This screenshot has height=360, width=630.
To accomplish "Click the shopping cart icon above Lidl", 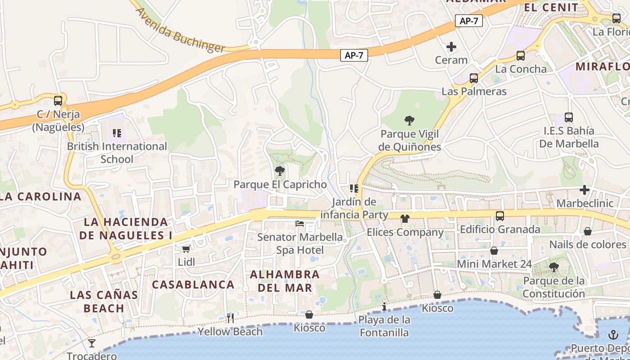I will tap(186, 249).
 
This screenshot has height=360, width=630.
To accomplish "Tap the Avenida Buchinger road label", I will tap(180, 30).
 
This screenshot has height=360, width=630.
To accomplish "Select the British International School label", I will tap(117, 153).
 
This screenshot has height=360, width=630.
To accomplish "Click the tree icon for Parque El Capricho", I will tap(280, 171).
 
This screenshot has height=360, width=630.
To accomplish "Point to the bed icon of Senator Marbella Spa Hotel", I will tap(300, 223).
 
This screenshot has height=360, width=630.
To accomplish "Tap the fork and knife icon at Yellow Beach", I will tap(230, 318).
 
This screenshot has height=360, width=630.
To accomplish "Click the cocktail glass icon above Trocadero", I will tap(92, 343).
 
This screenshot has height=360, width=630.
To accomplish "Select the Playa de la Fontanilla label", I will tap(384, 326).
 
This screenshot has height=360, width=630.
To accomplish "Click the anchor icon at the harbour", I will tap(613, 335).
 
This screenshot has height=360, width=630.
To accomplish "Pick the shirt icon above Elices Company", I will tap(405, 219).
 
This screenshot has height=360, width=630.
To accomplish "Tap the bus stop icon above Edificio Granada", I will tap(500, 216).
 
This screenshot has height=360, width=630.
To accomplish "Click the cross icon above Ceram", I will tap(451, 47).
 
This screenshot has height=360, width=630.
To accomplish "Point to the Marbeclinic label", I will tap(585, 203).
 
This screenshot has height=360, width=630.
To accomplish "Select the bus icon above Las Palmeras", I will tap(474, 78).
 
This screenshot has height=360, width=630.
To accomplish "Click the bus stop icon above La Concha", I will tap(521, 56).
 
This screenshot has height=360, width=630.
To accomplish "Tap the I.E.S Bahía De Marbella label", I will tap(569, 137).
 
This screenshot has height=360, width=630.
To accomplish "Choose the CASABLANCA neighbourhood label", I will tap(193, 284).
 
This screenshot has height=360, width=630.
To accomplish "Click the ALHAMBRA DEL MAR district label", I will tap(285, 281).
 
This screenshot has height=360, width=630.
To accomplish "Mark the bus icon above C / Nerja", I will tap(58, 101).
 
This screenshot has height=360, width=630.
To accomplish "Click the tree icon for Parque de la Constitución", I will tap(554, 267).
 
